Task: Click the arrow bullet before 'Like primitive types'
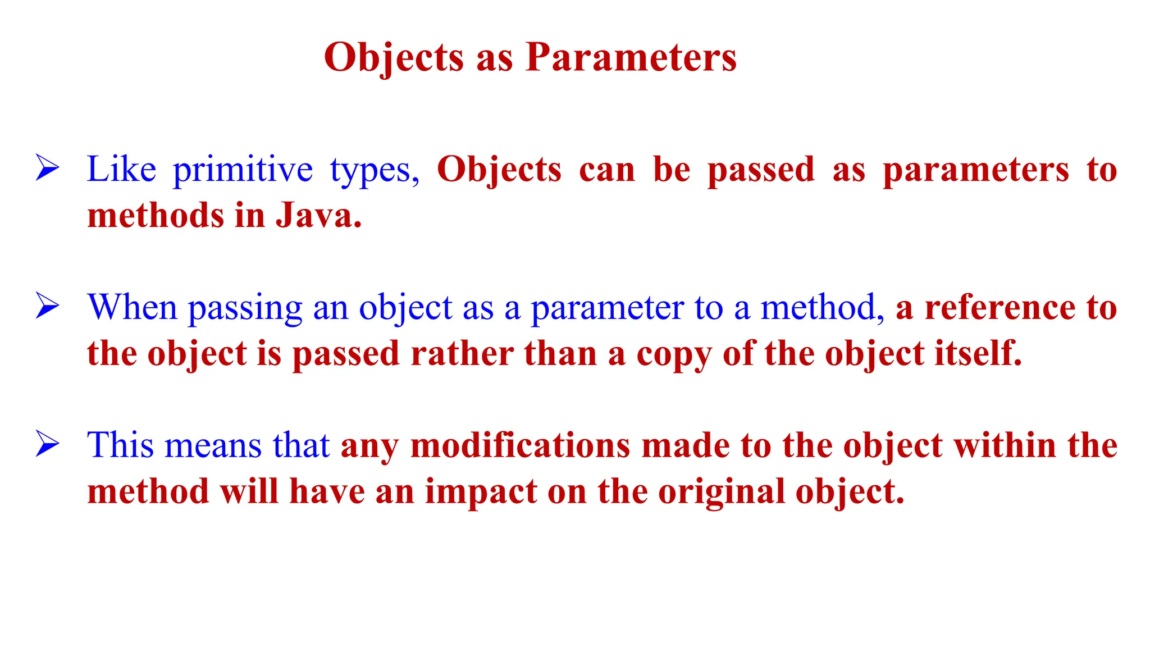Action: coord(47,168)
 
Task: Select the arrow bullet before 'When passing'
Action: coord(47,306)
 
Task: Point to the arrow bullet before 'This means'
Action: coord(47,444)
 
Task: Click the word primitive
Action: coord(243,170)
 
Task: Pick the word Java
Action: coord(318,216)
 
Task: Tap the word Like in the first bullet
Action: coord(121,169)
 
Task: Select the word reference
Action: coord(1000,307)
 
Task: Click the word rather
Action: coord(462,354)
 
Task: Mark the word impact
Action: coord(481,493)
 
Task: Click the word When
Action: coord(133,307)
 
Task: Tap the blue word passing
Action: coord(245,308)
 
